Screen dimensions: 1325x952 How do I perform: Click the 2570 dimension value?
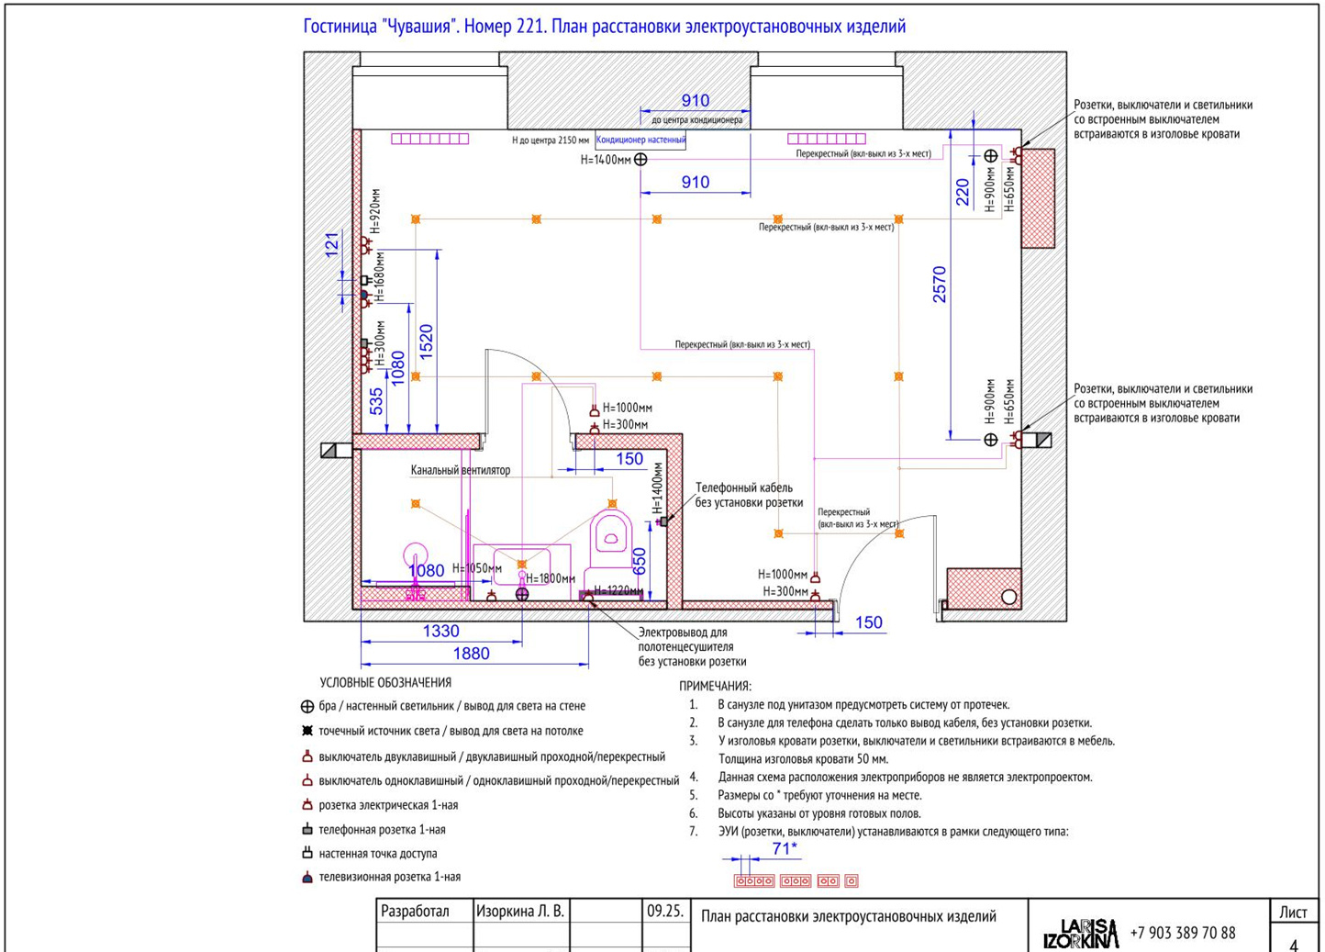940,285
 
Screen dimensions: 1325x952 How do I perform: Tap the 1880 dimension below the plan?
472,654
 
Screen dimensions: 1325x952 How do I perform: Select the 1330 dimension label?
441,632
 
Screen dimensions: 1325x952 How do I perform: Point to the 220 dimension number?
963,192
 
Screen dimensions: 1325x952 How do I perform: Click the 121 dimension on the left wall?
332,245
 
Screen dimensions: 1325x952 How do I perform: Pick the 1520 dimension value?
426,342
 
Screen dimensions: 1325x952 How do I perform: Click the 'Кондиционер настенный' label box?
640,140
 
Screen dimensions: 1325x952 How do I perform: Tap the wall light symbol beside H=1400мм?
640,160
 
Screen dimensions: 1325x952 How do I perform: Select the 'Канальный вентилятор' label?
461,470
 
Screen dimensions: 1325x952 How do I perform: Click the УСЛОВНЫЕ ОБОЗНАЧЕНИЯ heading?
385,683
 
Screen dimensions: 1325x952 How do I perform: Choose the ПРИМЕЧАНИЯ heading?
715,687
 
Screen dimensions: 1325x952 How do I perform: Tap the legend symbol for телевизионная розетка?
307,878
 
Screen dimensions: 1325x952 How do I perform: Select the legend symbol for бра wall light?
307,707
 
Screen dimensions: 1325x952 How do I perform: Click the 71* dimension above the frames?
785,849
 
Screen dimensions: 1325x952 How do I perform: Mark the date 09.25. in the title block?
665,912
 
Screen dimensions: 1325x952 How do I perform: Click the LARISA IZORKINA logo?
1081,934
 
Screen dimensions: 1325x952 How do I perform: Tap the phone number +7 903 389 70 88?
1183,933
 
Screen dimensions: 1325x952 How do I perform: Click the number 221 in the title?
530,27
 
